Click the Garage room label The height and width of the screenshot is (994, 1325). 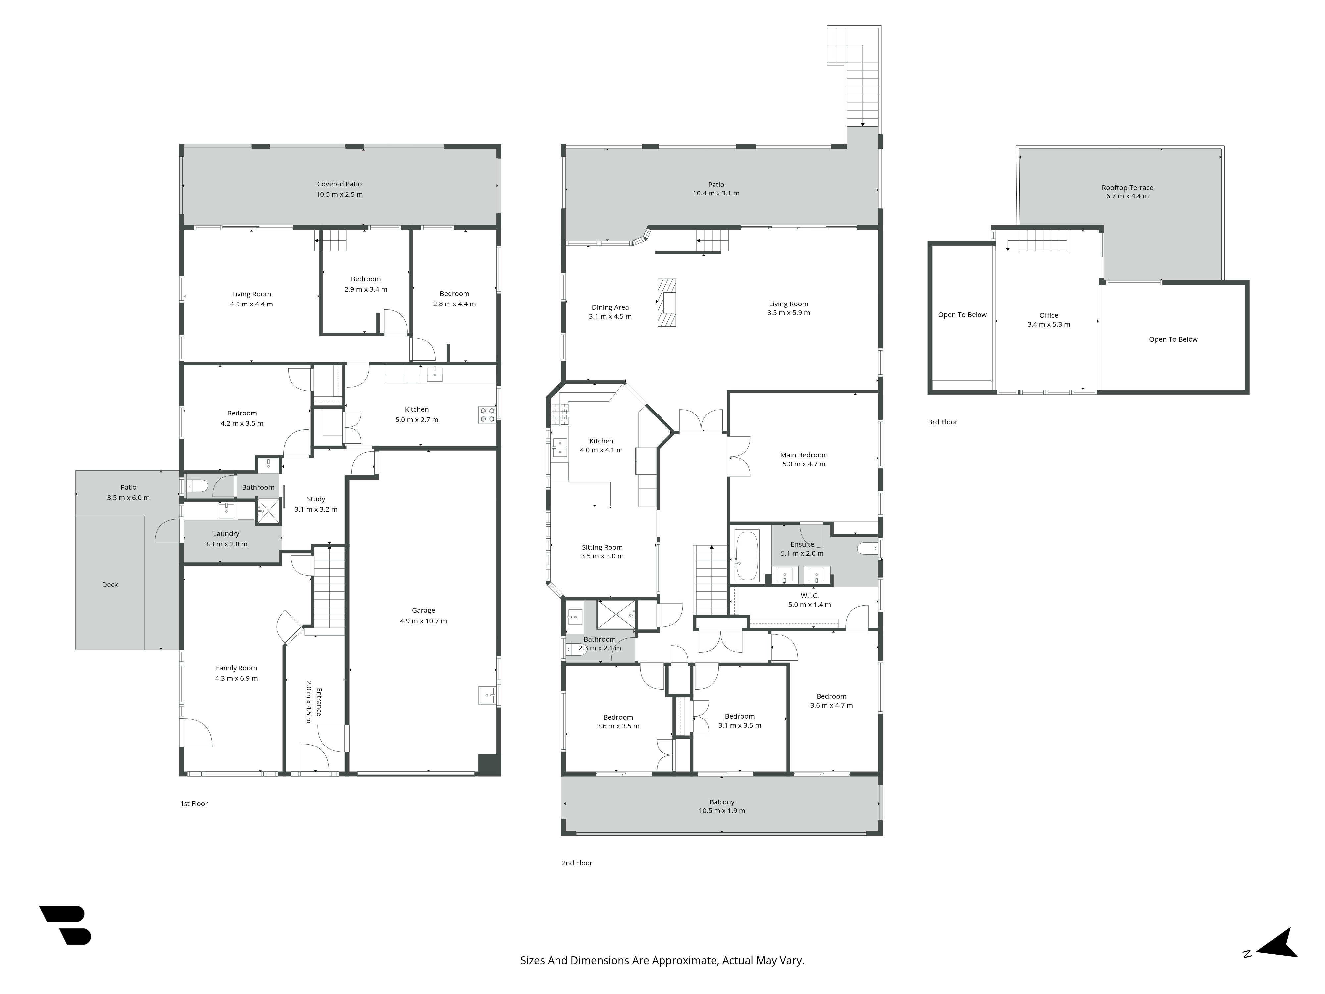coord(423,611)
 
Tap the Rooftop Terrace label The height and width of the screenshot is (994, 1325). coord(1127,188)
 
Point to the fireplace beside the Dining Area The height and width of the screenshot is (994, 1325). coord(667,303)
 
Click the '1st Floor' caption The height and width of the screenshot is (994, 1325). coord(194,804)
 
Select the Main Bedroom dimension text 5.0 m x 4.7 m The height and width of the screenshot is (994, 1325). coord(804,464)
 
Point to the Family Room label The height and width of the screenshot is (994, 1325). coord(237,668)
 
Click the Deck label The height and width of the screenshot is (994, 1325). coord(110,585)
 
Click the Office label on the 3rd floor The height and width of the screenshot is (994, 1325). coord(1049,315)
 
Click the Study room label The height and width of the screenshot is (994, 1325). coord(316,499)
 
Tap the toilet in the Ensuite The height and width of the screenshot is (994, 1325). coord(866,548)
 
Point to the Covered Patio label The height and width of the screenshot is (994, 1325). coord(340,184)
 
